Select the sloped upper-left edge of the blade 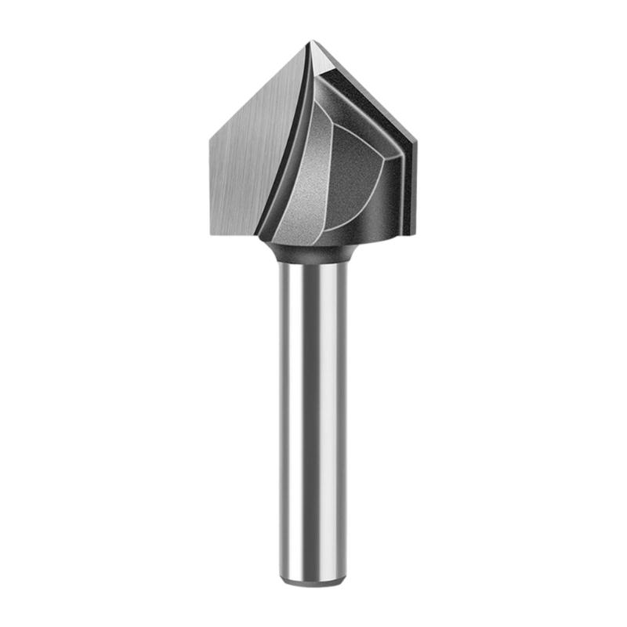259,89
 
